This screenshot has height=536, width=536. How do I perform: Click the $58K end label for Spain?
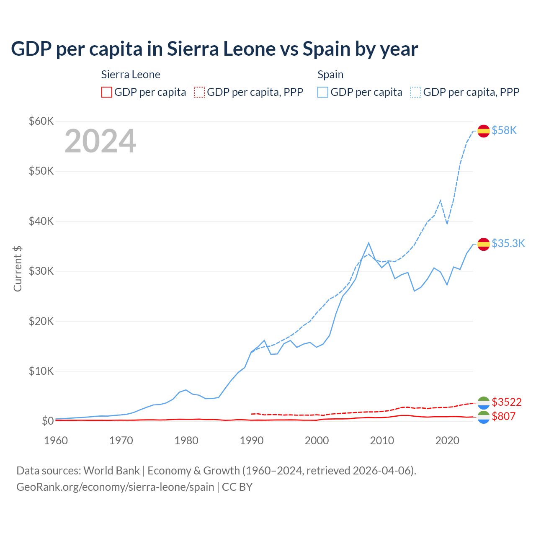[x=504, y=131]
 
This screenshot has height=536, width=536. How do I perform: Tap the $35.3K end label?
[x=508, y=244]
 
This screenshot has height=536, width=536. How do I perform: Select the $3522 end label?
[x=507, y=402]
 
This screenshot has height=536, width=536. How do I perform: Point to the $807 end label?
[x=503, y=417]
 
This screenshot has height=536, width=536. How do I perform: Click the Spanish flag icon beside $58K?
[x=484, y=131]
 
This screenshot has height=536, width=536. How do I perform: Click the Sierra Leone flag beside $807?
[x=484, y=417]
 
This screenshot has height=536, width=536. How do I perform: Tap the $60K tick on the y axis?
[x=41, y=121]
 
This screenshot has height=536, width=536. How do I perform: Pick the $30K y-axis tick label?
[x=41, y=271]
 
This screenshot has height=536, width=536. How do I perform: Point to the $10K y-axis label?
[x=41, y=371]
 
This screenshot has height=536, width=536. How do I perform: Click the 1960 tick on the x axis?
[x=56, y=441]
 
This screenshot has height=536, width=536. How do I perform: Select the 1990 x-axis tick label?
[x=252, y=441]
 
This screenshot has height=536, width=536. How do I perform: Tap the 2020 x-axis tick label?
[x=447, y=441]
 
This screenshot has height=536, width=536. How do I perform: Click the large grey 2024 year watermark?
[x=100, y=141]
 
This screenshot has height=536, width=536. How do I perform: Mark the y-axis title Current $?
[x=18, y=268]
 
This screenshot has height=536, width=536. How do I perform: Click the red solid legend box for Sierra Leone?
[x=107, y=92]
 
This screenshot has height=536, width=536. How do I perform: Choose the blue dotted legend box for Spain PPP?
[x=416, y=92]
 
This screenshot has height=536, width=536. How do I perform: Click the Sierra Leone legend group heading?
[x=131, y=75]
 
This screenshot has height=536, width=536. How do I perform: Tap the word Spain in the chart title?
[x=326, y=49]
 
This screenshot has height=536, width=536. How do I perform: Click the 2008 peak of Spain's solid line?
[x=368, y=243]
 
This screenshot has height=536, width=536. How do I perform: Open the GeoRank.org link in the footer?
[x=115, y=487]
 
